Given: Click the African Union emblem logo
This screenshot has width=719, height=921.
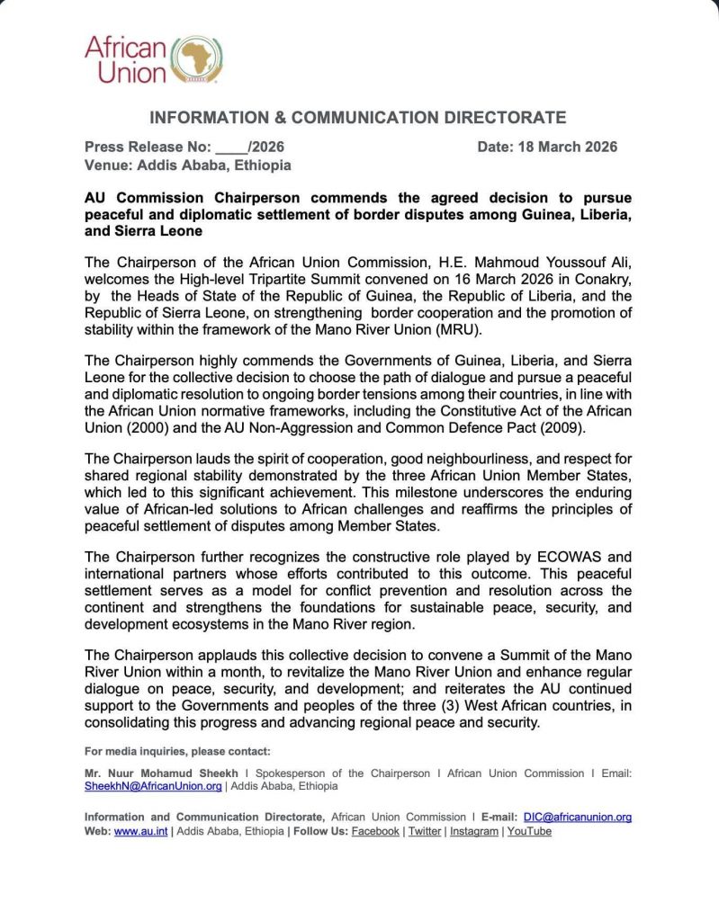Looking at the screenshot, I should point(197,59).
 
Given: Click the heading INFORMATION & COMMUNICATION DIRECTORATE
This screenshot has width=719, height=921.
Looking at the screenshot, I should point(357,118).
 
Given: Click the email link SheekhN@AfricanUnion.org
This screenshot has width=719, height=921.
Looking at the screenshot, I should point(153,786).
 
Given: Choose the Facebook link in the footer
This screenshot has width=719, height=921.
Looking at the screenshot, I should point(375,832).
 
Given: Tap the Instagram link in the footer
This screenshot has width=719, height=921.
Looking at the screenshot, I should point(473,832).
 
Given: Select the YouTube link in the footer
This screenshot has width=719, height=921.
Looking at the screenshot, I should point(529,832).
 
